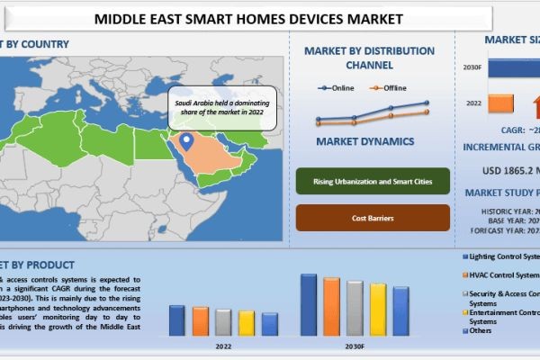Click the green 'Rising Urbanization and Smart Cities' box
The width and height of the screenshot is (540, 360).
(x=372, y=182)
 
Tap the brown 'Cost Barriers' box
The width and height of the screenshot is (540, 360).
(x=372, y=218)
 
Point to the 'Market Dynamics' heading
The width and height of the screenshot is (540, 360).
(x=365, y=141)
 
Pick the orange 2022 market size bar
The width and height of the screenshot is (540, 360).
(x=501, y=104)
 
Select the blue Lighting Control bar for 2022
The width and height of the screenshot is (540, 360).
(x=177, y=319)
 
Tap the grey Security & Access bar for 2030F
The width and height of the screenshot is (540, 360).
(x=355, y=308)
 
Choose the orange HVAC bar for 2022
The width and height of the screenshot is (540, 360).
(x=200, y=320)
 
